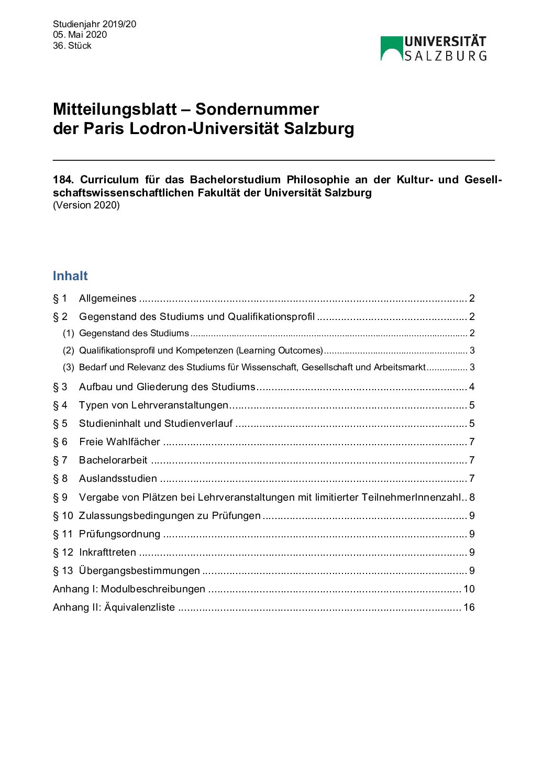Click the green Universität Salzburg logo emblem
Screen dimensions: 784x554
click(x=391, y=48)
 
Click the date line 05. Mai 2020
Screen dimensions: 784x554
click(x=80, y=35)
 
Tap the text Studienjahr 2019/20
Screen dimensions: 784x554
click(x=94, y=24)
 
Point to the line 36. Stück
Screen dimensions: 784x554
click(x=72, y=46)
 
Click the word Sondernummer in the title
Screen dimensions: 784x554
click(x=257, y=109)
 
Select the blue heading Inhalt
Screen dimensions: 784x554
click(x=70, y=276)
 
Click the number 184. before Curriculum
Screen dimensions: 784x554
click(x=63, y=180)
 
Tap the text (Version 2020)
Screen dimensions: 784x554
click(x=86, y=205)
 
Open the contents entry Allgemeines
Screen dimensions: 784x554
click(x=107, y=299)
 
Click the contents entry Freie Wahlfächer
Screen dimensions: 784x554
click(x=119, y=442)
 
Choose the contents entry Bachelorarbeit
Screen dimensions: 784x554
click(x=113, y=460)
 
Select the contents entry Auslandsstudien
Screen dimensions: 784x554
click(x=118, y=479)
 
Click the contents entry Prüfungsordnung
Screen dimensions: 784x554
click(x=119, y=534)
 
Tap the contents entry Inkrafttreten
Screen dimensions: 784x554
click(x=107, y=553)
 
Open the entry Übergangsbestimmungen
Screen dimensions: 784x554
click(x=139, y=571)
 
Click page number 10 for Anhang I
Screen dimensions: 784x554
click(x=469, y=589)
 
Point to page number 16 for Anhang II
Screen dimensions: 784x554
click(x=469, y=608)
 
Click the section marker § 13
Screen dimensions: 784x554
click(x=63, y=571)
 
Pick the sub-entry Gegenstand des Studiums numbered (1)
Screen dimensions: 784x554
click(x=134, y=333)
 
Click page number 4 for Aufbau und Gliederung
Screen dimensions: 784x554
click(x=472, y=387)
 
